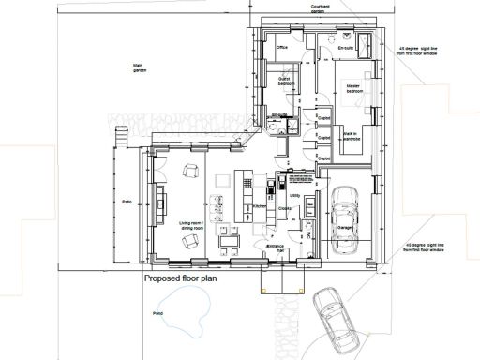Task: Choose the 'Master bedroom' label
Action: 353,88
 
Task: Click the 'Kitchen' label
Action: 261,206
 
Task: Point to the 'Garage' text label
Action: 344,226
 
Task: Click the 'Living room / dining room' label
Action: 191,225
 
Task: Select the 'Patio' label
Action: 125,202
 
